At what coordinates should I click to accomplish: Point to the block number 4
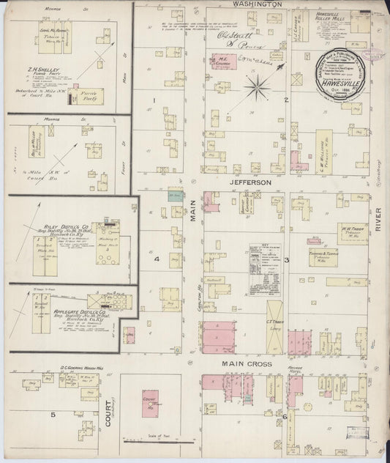tap(156, 259)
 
